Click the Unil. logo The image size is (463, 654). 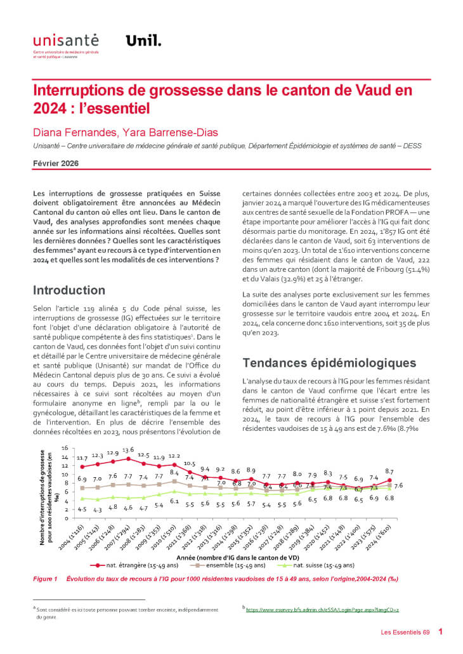[143, 41]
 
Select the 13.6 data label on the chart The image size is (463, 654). [128, 450]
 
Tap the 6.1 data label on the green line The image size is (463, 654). [174, 501]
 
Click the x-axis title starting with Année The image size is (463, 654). [238, 556]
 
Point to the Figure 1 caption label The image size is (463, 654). [45, 579]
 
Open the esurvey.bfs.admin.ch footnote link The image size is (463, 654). [322, 609]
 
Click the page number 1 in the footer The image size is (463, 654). [441, 631]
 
